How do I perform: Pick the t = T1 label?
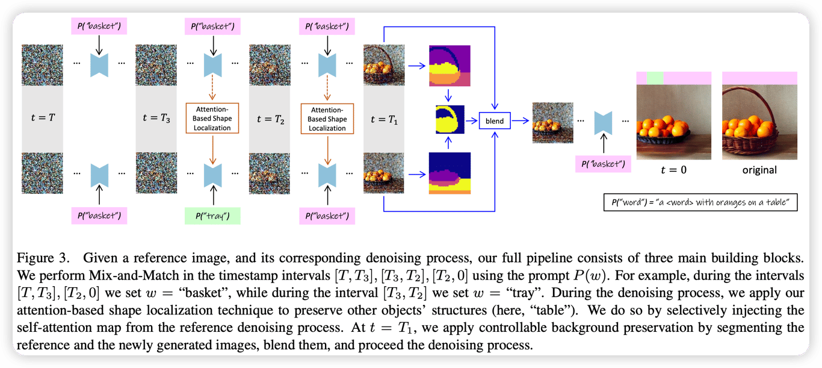pos(384,119)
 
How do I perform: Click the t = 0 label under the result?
pos(673,170)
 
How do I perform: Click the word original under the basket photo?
pos(759,170)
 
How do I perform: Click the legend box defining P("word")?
pos(700,202)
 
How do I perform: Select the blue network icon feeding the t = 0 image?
pos(603,123)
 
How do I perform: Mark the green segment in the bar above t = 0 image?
pos(655,78)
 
